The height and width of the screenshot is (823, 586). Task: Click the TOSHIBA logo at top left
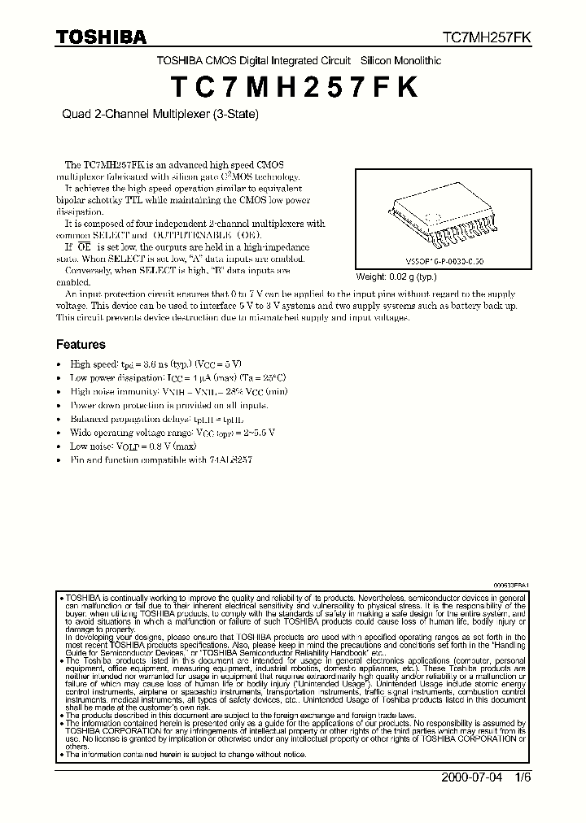point(101,37)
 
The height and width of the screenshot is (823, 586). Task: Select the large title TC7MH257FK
point(292,86)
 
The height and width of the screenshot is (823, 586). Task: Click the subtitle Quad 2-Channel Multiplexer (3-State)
point(160,115)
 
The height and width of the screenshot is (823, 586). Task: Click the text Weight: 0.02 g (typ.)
point(396,276)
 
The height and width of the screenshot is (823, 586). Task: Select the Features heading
point(81,345)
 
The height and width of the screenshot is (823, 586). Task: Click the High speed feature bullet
point(156,364)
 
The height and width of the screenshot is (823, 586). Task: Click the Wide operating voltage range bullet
point(173,433)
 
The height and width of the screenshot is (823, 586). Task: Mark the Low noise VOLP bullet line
point(133,446)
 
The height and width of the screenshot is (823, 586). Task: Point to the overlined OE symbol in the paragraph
point(82,246)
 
